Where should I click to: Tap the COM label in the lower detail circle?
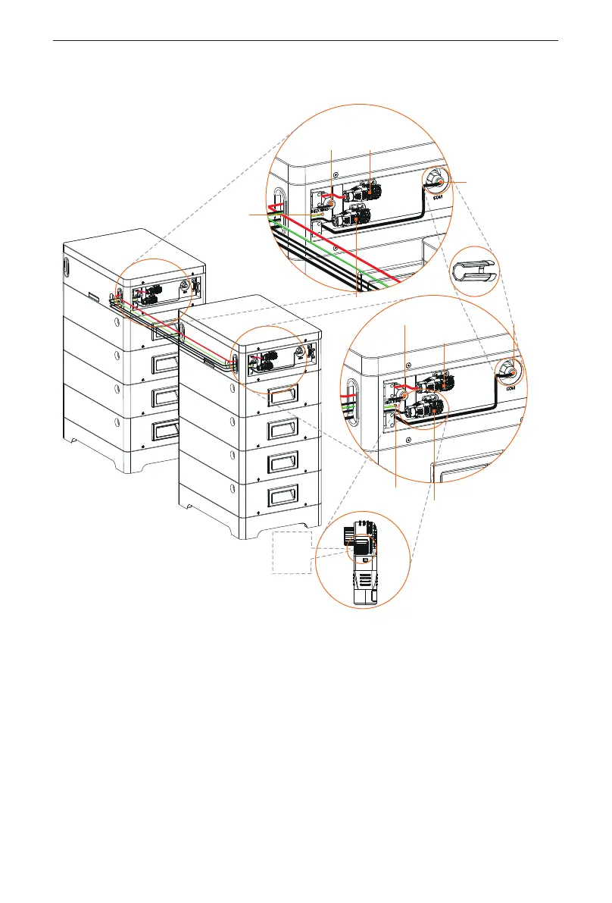(509, 386)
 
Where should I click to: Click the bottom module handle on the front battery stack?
(271, 497)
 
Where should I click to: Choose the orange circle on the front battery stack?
(270, 361)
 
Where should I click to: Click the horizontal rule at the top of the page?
(306, 41)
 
